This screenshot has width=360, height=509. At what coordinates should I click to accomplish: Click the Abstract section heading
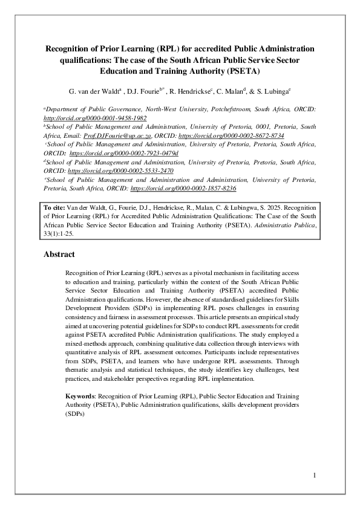pos(59,254)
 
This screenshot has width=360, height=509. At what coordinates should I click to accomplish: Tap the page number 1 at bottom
pos(315,476)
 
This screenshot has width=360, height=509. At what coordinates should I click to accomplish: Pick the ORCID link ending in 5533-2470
pos(120,171)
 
